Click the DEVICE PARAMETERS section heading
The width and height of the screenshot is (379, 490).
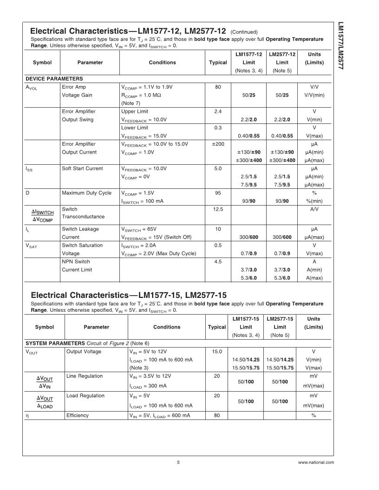click(54, 78)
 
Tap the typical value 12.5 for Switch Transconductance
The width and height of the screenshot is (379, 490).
click(218, 209)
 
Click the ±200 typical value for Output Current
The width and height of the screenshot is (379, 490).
click(218, 144)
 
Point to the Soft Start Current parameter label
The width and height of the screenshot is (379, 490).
click(82, 168)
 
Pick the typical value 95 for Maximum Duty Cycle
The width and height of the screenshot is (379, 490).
click(218, 193)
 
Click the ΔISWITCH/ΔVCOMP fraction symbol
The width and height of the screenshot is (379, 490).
click(42, 216)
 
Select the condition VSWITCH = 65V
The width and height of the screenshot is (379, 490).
click(138, 229)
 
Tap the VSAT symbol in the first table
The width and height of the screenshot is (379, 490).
click(31, 246)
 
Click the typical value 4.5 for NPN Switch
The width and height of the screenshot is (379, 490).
click(218, 262)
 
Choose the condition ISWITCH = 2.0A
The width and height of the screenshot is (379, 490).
click(138, 245)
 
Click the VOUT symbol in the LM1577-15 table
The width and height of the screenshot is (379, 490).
click(33, 352)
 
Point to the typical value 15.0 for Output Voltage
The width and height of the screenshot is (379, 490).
click(216, 351)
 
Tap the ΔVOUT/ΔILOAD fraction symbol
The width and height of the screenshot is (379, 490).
click(44, 401)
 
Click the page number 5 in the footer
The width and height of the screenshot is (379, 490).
click(178, 462)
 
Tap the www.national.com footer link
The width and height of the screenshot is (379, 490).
click(316, 462)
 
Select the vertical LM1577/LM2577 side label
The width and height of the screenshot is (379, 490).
click(340, 46)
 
